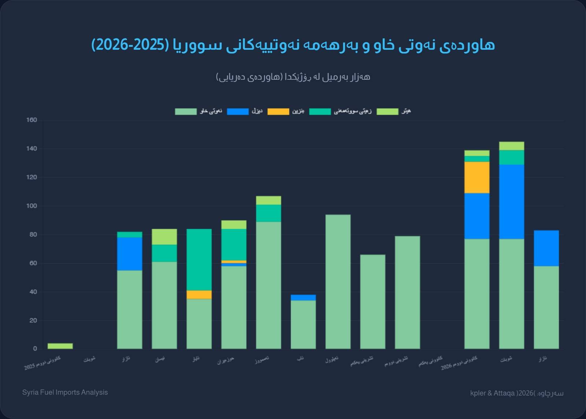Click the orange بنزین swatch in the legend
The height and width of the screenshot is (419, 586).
pos(278,112)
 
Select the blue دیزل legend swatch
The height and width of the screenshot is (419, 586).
pos(238,112)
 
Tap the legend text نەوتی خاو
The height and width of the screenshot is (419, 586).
pos(211,111)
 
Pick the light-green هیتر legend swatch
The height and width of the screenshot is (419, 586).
pos(387,112)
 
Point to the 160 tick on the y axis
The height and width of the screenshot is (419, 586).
pos(31,120)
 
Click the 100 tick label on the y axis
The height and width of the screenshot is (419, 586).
pos(31,206)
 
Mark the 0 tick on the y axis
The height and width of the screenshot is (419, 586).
pos(35,349)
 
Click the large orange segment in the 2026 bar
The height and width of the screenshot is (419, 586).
pos(476,177)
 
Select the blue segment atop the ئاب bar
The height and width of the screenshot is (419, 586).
pos(303,297)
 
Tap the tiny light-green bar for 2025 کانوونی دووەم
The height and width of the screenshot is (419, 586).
pos(60,346)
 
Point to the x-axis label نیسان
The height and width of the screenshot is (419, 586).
pos(160,359)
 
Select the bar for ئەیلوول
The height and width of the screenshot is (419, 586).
pos(338,282)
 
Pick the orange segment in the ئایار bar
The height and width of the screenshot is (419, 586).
pos(199,295)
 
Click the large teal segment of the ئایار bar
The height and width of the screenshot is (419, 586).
pos(199,260)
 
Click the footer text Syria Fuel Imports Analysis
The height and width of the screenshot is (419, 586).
pos(65,392)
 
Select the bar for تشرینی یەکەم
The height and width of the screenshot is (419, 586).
pos(372,302)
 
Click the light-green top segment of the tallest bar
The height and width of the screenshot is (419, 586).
pos(511,146)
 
